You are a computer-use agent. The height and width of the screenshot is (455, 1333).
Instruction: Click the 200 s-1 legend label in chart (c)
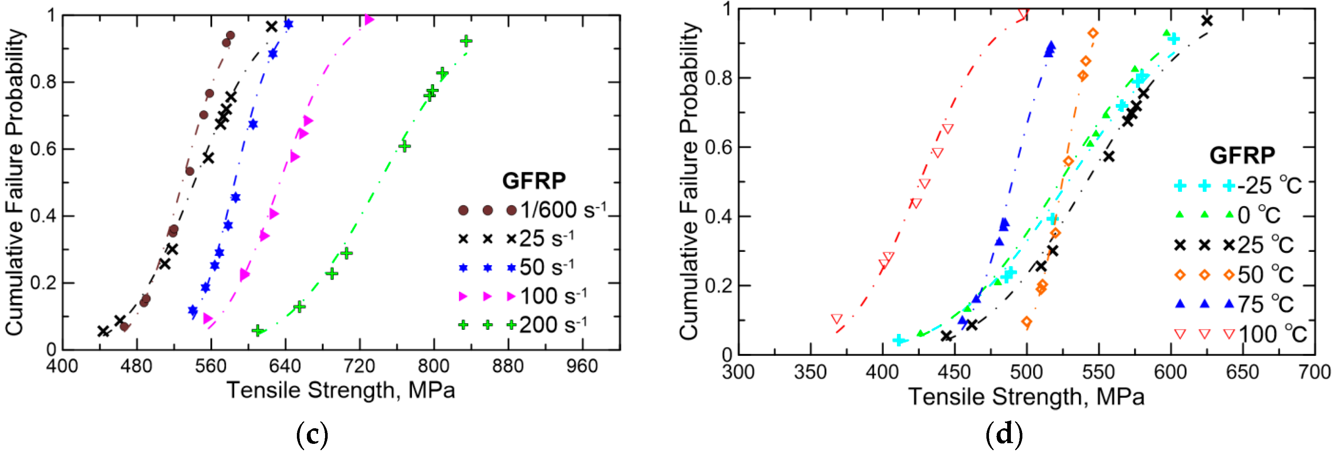coord(553,325)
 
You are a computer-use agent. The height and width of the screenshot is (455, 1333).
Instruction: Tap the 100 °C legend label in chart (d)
coord(1273,334)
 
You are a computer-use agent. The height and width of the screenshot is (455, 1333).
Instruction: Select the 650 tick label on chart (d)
coord(1242,372)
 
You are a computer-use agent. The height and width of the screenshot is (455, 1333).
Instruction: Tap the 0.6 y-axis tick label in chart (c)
coord(42,149)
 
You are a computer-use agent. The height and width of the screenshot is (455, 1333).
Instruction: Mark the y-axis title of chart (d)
coord(689,181)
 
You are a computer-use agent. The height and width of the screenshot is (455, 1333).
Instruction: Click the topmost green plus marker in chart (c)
coord(466,41)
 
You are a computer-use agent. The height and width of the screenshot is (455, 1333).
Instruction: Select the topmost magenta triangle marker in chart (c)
coord(369,20)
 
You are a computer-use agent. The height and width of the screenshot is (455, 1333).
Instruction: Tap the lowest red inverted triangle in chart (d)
coord(837,319)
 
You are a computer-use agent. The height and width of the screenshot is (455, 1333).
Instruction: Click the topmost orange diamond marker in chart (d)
coord(1093,33)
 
